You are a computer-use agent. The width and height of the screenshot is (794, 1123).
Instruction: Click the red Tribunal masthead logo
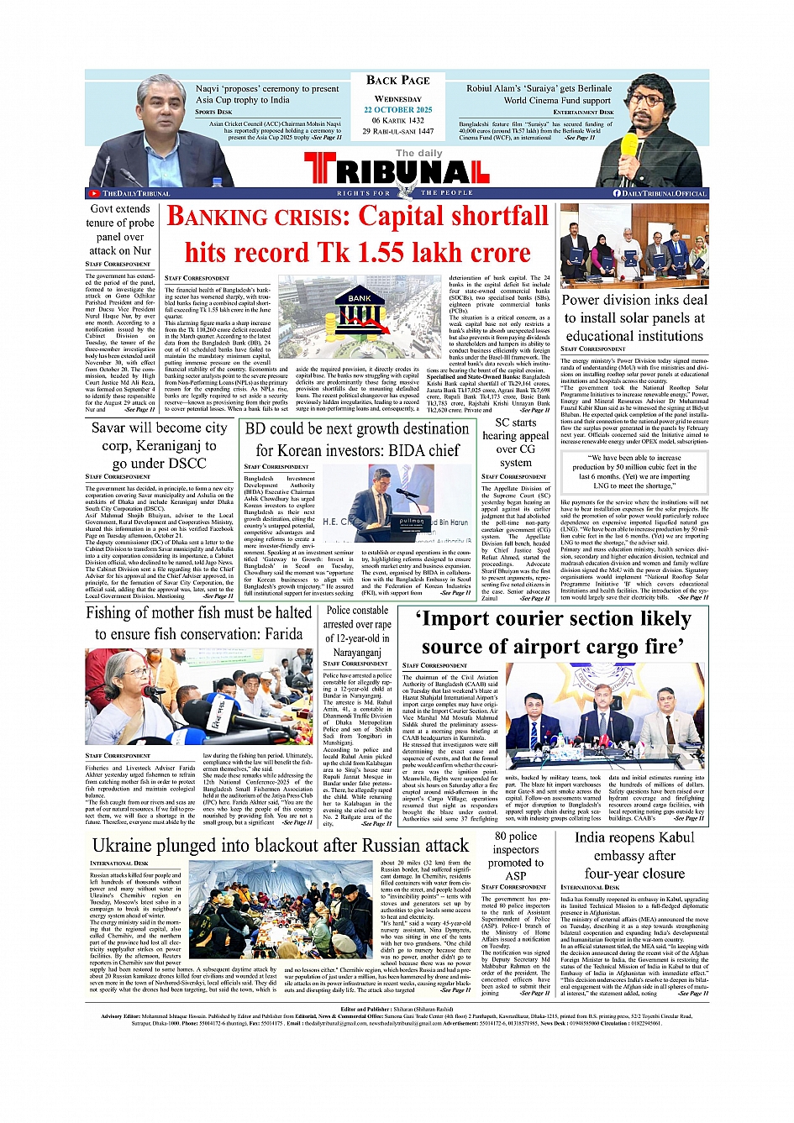coord(397,171)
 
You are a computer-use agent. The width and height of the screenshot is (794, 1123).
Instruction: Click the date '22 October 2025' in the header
coord(397,110)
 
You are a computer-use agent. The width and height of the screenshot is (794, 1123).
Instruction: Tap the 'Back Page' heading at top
coord(397,81)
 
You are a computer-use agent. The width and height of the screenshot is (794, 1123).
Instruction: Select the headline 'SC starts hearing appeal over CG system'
coord(515,442)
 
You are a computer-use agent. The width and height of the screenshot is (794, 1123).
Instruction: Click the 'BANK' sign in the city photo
coord(360,298)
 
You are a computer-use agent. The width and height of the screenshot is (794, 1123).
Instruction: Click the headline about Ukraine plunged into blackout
coord(280,845)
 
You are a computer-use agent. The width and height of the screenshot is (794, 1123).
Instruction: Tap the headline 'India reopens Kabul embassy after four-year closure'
coord(634,855)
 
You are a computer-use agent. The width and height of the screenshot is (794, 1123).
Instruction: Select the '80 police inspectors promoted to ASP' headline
coord(515,855)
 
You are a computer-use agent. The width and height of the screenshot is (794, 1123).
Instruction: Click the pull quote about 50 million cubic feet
coord(634,472)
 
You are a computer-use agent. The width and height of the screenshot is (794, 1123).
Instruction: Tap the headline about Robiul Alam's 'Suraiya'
coord(539,94)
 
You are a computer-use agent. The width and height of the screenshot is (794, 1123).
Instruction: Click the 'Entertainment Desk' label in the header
coord(583,112)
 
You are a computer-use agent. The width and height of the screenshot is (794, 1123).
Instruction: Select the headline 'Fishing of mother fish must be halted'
coord(198,623)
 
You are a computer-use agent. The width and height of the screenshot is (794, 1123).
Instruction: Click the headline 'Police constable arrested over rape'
coord(357,631)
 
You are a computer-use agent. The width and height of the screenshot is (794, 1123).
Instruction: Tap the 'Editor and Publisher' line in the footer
coord(397,1009)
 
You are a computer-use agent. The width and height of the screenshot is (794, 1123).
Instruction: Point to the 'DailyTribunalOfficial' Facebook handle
coord(660,193)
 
